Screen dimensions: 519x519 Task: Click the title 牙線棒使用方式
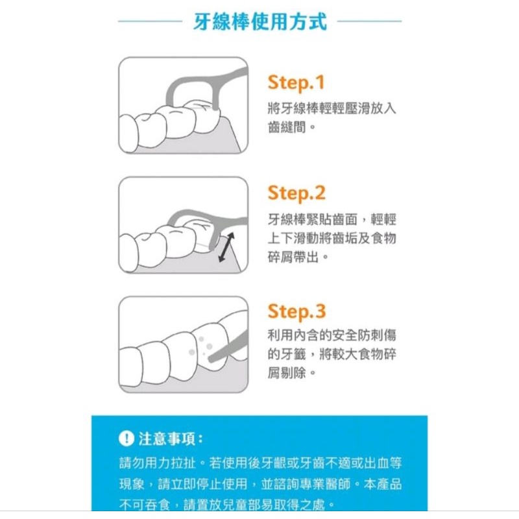click(x=260, y=21)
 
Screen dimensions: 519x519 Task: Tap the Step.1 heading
click(x=296, y=83)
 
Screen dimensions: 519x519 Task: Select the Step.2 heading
click(x=296, y=193)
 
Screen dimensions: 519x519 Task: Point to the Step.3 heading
click(x=296, y=312)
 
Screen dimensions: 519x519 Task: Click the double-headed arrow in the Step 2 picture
click(x=226, y=247)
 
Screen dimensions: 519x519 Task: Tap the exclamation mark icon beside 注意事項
click(x=126, y=439)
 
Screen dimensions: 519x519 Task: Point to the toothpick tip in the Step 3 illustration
click(x=210, y=359)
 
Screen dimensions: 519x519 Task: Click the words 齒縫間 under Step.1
click(x=287, y=127)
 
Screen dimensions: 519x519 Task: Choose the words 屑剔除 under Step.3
click(x=287, y=373)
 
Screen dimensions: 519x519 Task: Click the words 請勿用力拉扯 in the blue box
click(x=158, y=463)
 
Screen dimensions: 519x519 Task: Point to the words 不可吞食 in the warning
click(x=145, y=505)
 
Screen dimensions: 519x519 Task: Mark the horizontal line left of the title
click(x=150, y=21)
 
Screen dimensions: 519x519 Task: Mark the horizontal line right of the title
click(x=369, y=21)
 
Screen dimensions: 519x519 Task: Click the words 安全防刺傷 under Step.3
click(x=364, y=335)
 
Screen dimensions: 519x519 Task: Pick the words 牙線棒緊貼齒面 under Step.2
click(x=313, y=219)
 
